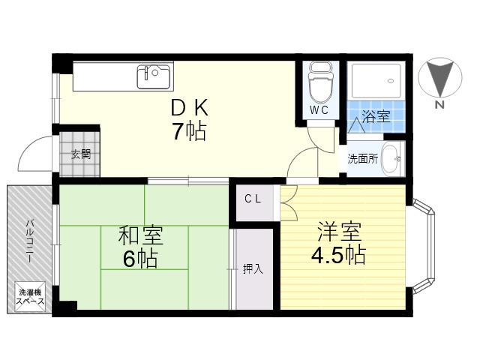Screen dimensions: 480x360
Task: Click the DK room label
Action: coord(190,107)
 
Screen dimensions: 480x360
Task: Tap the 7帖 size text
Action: coord(190,131)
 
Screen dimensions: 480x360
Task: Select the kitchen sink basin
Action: coord(154,76)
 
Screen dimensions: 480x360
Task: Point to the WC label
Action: coord(319,110)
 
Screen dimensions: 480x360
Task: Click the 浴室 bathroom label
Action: coord(376,117)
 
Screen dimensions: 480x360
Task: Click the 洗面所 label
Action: coord(363,159)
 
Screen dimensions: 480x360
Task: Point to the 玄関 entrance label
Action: coord(81,154)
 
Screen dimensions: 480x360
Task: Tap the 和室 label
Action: coord(140,235)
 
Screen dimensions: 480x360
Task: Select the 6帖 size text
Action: coord(140,259)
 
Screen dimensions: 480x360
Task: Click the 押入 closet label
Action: coord(253,268)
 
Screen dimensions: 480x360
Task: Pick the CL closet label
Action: coord(253,199)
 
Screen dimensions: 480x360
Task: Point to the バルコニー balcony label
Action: coord(30,241)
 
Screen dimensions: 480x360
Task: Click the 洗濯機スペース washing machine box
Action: coord(30,297)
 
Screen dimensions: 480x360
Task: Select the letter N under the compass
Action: coord(440,105)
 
